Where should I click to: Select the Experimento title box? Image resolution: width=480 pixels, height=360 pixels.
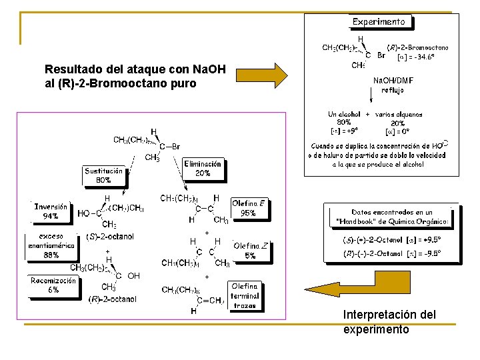tap(379, 21)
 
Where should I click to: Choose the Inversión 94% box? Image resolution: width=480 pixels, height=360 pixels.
tap(51, 211)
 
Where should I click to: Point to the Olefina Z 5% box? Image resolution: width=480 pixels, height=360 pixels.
tap(251, 251)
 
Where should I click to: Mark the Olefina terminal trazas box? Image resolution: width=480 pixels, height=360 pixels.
tap(245, 296)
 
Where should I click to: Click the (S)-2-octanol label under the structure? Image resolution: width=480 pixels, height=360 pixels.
tap(111, 237)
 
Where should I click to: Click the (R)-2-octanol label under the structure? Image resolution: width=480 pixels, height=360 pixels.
tap(112, 299)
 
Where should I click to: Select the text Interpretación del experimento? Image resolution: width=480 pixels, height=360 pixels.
tap(389, 321)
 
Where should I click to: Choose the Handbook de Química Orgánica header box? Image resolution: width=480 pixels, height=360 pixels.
tap(391, 217)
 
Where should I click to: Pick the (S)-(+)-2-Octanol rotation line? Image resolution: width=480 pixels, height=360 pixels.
tap(391, 240)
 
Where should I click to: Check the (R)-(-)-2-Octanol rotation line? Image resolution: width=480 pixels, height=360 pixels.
tap(391, 254)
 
